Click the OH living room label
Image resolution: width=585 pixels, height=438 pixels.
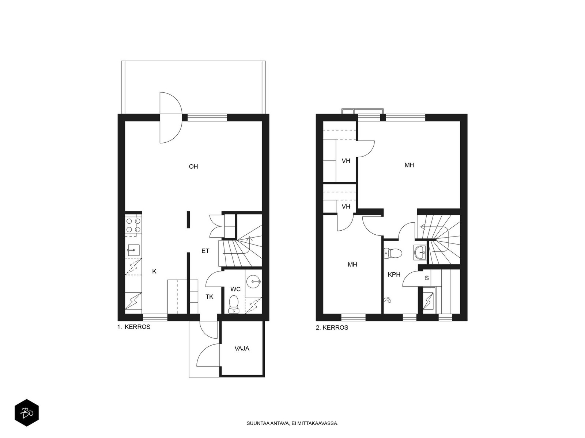pyautogui.click(x=193, y=166)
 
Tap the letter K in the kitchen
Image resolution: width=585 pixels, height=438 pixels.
pyautogui.click(x=154, y=271)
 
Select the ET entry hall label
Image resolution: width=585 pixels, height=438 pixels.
pyautogui.click(x=205, y=251)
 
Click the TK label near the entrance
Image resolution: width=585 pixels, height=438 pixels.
pyautogui.click(x=210, y=297)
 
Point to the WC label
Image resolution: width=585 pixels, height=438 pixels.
pyautogui.click(x=235, y=289)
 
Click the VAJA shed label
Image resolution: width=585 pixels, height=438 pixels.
pyautogui.click(x=242, y=348)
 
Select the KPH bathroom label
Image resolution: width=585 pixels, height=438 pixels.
pyautogui.click(x=394, y=275)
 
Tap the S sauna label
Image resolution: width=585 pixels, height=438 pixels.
pyautogui.click(x=427, y=278)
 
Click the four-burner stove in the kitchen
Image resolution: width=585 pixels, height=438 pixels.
pyautogui.click(x=133, y=225)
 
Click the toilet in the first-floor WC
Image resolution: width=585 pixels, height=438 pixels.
pyautogui.click(x=234, y=304)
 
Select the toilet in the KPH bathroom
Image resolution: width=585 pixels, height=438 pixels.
pyautogui.click(x=393, y=253)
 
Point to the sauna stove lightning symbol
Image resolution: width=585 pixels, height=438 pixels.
pyautogui.click(x=428, y=301)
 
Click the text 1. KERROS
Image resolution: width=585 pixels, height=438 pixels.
pyautogui.click(x=134, y=327)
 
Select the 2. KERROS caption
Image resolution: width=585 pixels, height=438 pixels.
pyautogui.click(x=332, y=328)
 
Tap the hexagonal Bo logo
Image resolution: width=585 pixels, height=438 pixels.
pyautogui.click(x=27, y=413)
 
